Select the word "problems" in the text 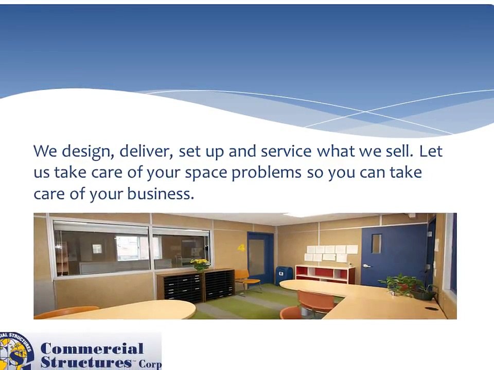click(266, 173)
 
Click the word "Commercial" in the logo click(92, 349)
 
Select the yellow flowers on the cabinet click(200, 264)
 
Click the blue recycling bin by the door click(284, 275)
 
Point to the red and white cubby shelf click(325, 273)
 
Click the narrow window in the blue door click(376, 244)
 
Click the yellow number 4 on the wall click(241, 248)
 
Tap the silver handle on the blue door click(365, 266)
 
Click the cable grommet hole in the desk click(431, 309)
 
